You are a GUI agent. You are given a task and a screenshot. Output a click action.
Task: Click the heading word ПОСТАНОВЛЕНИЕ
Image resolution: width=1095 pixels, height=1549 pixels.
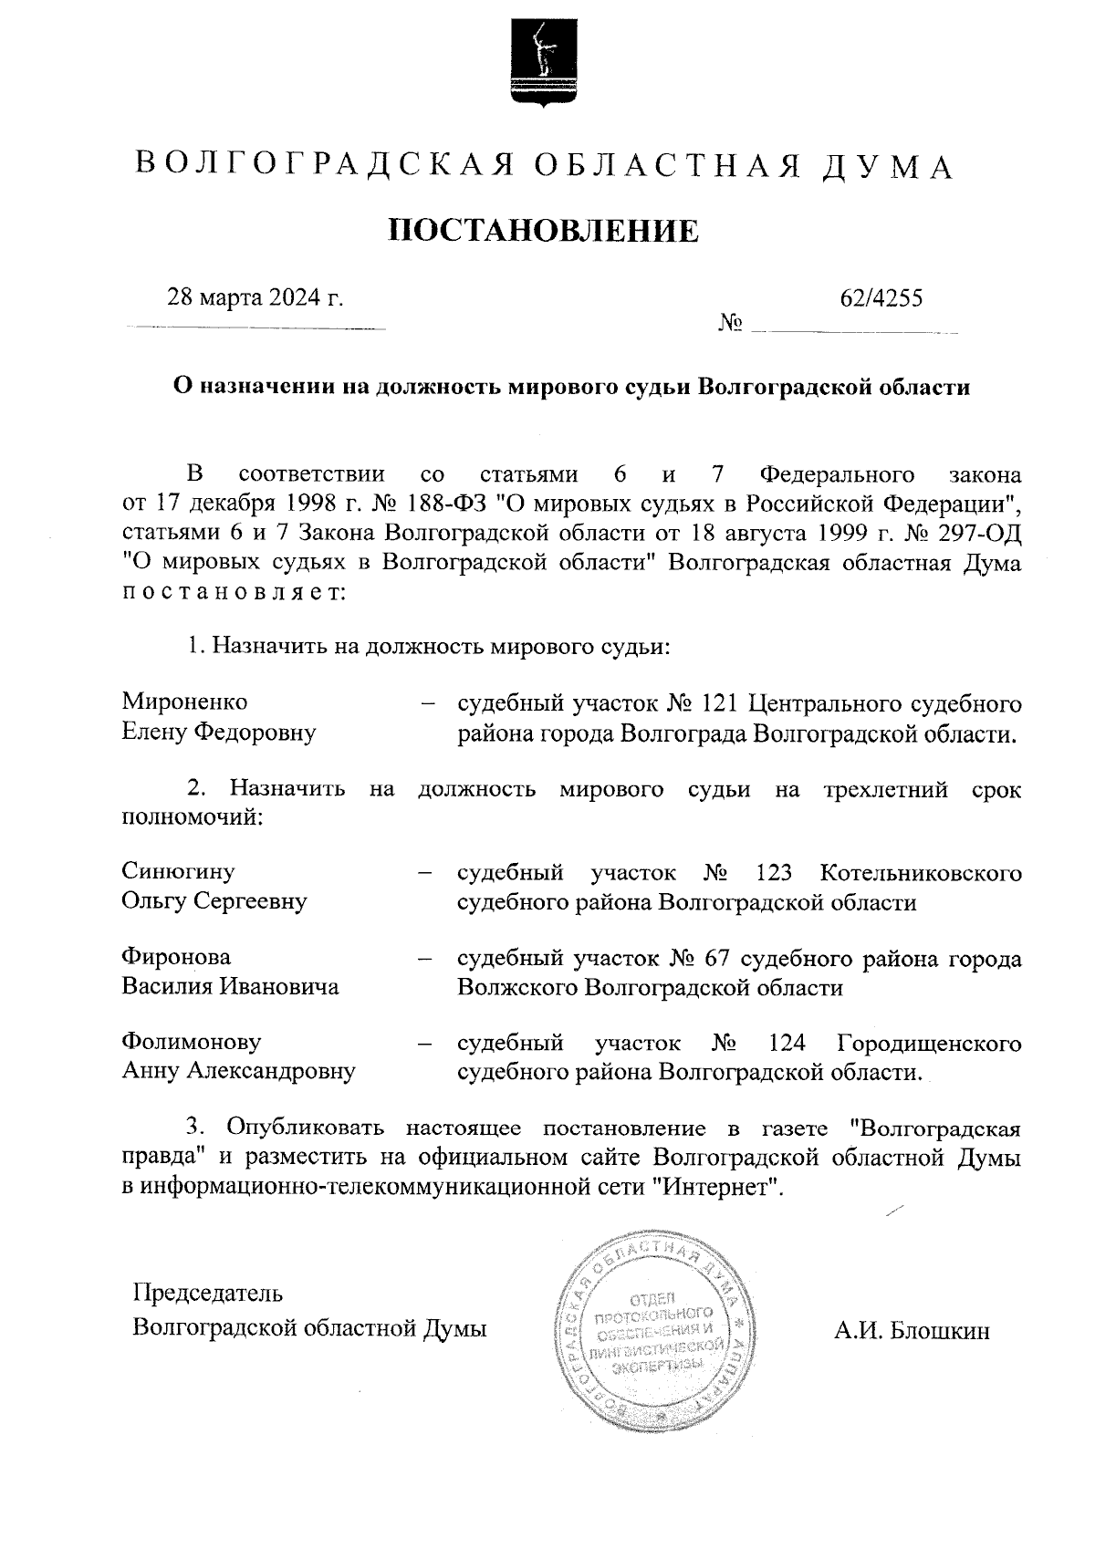tap(544, 230)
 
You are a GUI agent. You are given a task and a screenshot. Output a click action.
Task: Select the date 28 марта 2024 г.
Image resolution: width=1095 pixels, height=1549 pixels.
tap(255, 297)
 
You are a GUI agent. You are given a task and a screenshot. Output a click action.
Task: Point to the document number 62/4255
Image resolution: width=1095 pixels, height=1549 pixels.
tap(881, 297)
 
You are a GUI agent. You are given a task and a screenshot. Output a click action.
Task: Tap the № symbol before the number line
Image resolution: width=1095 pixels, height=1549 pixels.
tap(730, 323)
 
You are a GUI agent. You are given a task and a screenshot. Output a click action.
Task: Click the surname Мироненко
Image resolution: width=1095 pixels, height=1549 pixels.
tap(184, 702)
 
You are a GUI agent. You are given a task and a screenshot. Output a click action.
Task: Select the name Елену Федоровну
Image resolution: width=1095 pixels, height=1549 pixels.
tap(219, 732)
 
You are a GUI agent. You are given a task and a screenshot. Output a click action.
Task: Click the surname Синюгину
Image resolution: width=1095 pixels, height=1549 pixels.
tap(178, 871)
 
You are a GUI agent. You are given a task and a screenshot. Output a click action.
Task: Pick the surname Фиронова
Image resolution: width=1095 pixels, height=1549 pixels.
tap(176, 957)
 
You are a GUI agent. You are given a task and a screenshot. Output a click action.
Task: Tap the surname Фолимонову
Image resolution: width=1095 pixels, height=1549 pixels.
tap(191, 1042)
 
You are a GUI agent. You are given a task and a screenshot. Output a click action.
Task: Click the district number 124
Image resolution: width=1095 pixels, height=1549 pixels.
tap(789, 1043)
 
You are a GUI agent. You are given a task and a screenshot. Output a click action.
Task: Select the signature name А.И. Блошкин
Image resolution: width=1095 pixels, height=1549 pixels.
tap(911, 1331)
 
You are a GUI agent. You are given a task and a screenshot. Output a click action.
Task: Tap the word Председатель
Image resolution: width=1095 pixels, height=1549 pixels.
tap(207, 1293)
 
